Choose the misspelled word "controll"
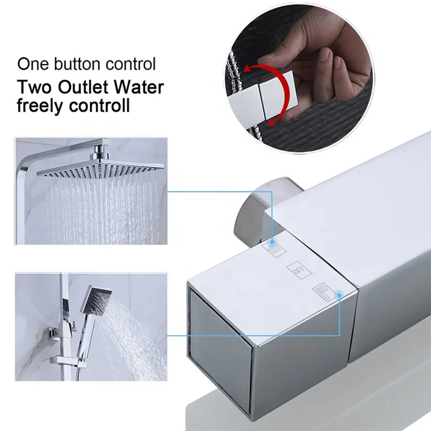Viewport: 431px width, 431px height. [x=100, y=105]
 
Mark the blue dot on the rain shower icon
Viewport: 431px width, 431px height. [x=272, y=243]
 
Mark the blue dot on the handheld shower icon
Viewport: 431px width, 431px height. [x=339, y=295]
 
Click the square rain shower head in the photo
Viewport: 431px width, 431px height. [x=100, y=168]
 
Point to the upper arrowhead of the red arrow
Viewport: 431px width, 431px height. [x=247, y=69]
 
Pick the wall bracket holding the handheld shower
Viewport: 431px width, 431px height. [x=54, y=334]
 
